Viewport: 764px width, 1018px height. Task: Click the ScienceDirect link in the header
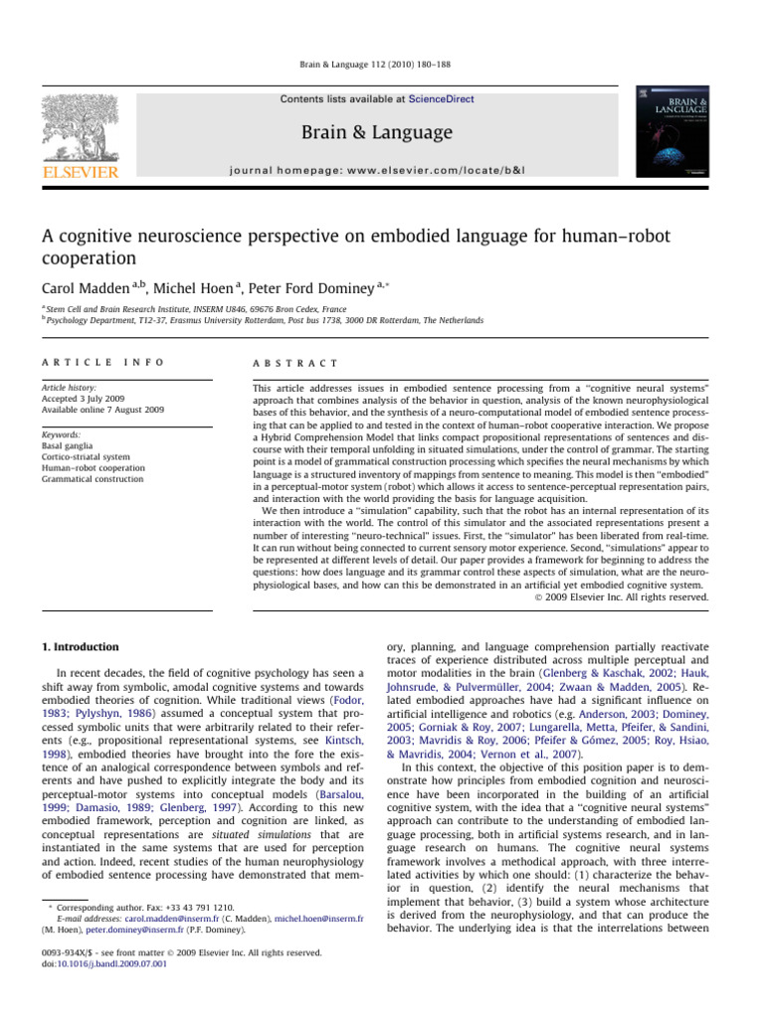pos(443,99)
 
